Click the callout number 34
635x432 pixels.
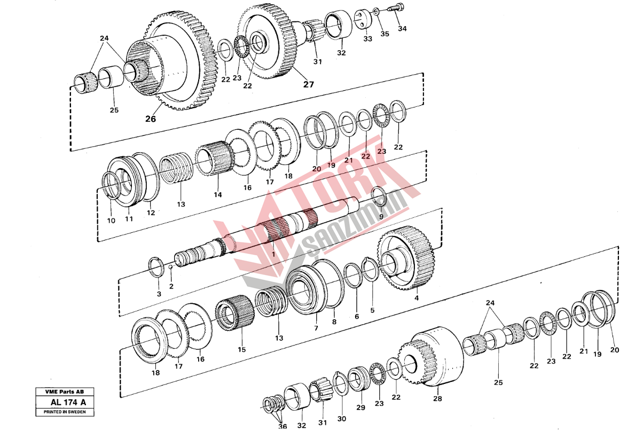pyautogui.click(x=402, y=29)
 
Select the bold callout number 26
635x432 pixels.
pyautogui.click(x=150, y=119)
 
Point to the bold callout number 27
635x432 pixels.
pyautogui.click(x=309, y=84)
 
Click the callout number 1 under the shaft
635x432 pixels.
pyautogui.click(x=273, y=254)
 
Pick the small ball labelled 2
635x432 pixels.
pyautogui.click(x=171, y=267)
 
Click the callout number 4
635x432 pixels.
pyautogui.click(x=417, y=298)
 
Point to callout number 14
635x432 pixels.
pyautogui.click(x=218, y=195)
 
